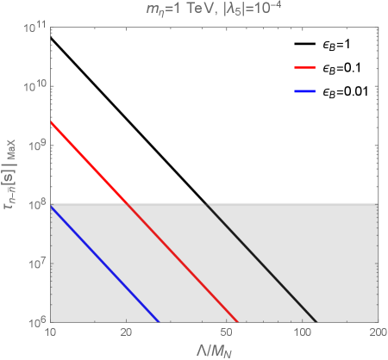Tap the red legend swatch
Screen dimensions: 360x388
pyautogui.click(x=305, y=67)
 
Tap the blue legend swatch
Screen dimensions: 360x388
pyautogui.click(x=305, y=90)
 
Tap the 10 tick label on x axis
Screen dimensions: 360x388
pyautogui.click(x=50, y=332)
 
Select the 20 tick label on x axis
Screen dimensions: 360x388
pyautogui.click(x=126, y=332)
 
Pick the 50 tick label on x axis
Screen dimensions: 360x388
pyautogui.click(x=227, y=332)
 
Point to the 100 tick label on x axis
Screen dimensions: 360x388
pyautogui.click(x=303, y=332)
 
